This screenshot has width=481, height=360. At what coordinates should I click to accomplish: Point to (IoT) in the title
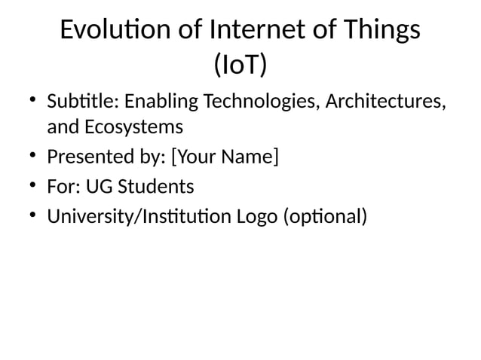click(240, 66)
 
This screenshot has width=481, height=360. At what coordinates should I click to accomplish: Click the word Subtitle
click(83, 101)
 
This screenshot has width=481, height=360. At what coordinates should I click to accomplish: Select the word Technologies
click(257, 101)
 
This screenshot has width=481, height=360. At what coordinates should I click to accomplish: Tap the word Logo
click(257, 217)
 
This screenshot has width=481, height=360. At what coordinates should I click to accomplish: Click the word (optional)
click(325, 217)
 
